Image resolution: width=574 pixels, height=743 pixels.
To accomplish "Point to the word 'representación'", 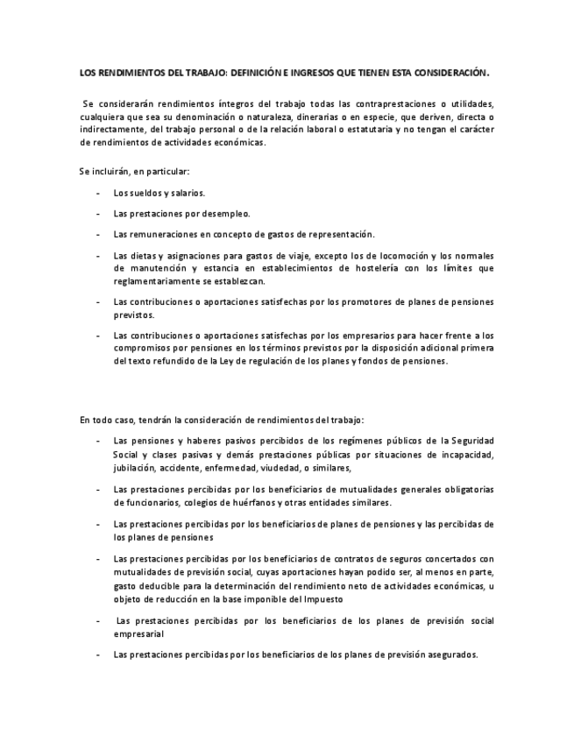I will pyautogui.click(x=339, y=234).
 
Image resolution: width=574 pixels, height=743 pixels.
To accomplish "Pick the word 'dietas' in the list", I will pyautogui.click(x=144, y=255).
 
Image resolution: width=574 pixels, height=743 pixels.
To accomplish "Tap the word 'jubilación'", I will pyautogui.click(x=135, y=468).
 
